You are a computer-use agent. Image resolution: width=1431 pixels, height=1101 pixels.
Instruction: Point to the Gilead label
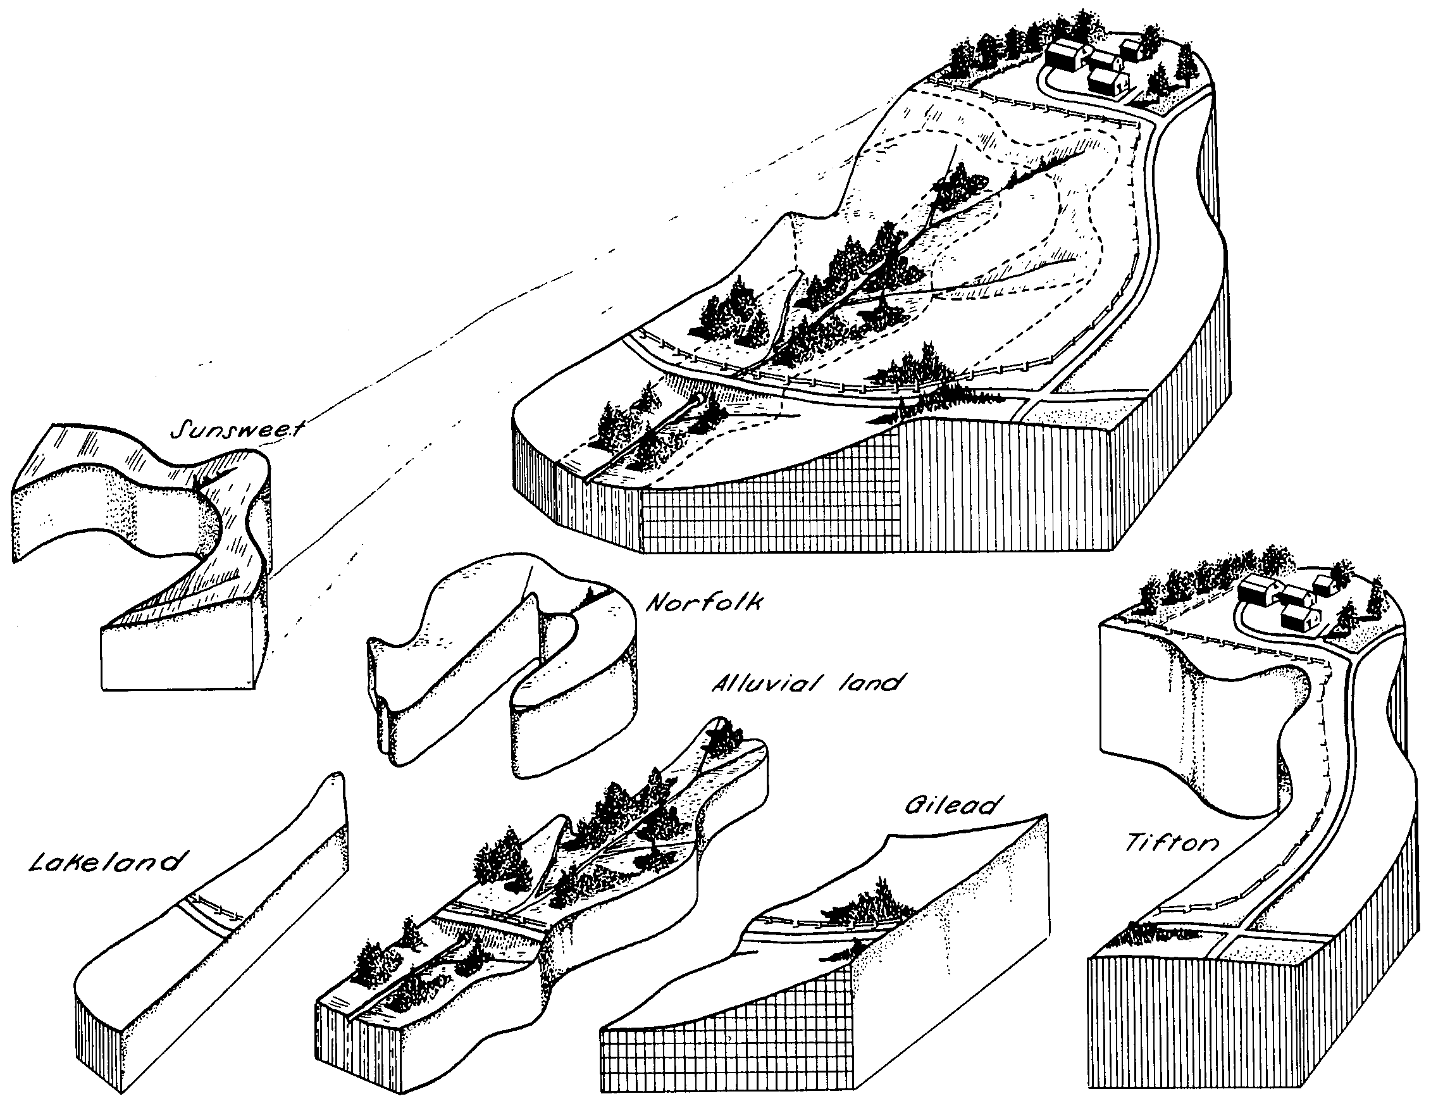click(954, 805)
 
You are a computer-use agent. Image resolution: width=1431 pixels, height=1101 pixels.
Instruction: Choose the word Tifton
click(1172, 843)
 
